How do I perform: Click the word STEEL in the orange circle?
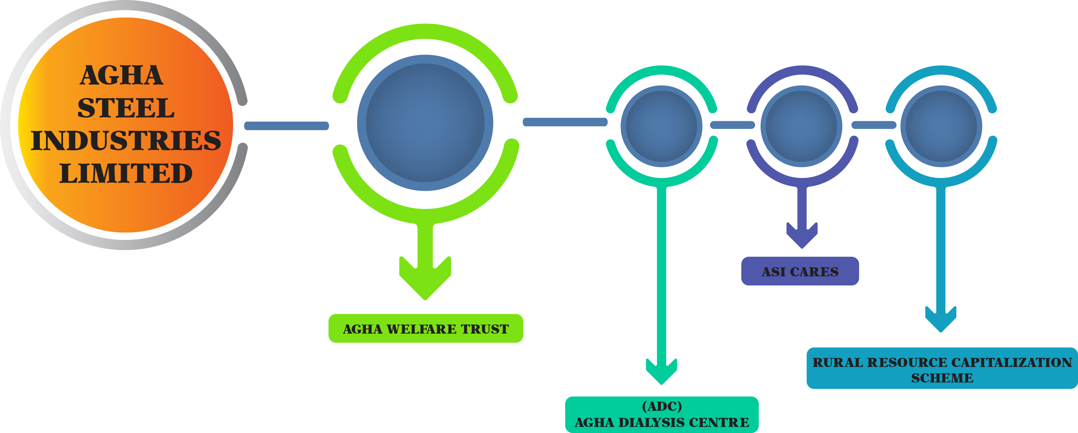(126, 108)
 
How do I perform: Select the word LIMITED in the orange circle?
(126, 173)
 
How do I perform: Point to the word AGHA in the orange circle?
(121, 75)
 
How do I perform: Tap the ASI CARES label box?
(800, 271)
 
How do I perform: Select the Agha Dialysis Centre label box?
(662, 414)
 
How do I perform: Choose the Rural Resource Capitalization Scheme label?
(942, 369)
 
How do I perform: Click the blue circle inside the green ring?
(425, 123)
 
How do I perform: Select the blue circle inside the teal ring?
(661, 126)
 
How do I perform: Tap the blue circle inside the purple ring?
(801, 126)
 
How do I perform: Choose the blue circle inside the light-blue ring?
(941, 126)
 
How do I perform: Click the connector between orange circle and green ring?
(287, 126)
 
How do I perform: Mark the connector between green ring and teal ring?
(565, 122)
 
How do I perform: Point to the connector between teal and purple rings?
(732, 125)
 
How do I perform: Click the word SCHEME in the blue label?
(942, 378)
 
